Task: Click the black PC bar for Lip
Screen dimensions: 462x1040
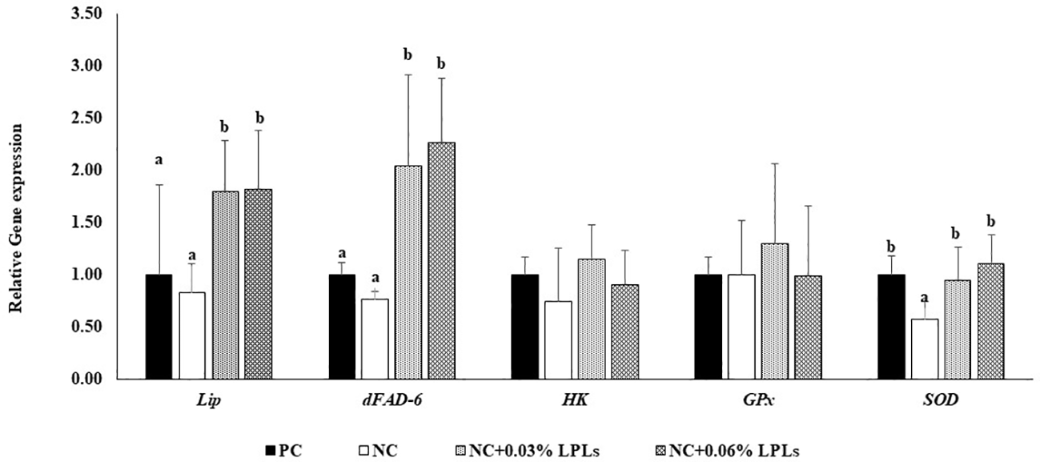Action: coord(159,326)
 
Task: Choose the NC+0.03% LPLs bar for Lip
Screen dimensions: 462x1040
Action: coord(226,284)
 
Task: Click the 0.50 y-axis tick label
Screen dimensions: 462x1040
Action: coord(86,327)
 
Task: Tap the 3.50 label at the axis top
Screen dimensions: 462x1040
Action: coord(86,14)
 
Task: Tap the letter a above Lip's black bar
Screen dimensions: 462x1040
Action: coord(159,160)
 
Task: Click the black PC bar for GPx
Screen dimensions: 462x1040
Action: coord(708,326)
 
